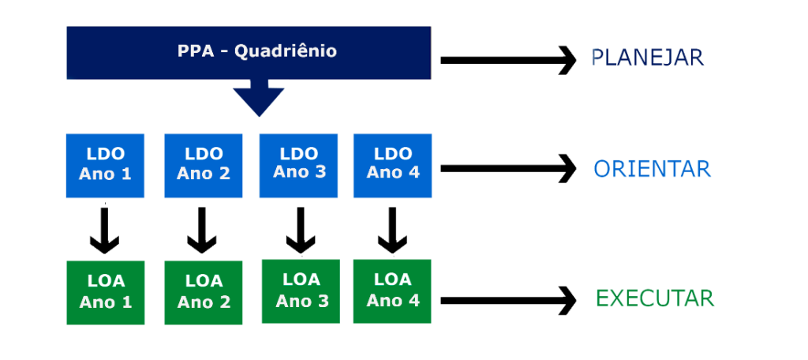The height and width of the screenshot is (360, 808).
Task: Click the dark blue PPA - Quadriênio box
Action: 249,53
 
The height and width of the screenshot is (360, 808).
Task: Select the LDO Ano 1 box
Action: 105,166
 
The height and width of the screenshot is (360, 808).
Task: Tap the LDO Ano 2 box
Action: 203,166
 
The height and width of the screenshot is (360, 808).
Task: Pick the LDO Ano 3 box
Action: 298,166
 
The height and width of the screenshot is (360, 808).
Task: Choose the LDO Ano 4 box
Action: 392,166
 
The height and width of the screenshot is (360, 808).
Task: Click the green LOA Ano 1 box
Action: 105,292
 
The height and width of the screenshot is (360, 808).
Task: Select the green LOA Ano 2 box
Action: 203,292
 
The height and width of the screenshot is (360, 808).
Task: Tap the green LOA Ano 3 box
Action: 301,291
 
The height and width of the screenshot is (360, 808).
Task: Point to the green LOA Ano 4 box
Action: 392,291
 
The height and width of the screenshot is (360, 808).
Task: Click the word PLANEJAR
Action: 647,58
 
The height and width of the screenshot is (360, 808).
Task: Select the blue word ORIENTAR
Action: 653,169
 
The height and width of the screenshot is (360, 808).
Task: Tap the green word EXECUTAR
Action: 655,298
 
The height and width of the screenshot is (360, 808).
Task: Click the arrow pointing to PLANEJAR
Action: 508,60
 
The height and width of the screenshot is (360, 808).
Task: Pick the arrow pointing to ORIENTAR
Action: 508,168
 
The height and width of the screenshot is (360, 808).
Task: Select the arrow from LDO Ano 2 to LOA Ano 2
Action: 201,230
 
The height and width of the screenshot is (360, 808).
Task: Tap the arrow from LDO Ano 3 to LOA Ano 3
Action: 301,230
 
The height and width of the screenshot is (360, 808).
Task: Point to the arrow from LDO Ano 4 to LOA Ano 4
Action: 392,230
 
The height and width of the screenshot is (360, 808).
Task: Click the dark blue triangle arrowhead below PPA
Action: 259,98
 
